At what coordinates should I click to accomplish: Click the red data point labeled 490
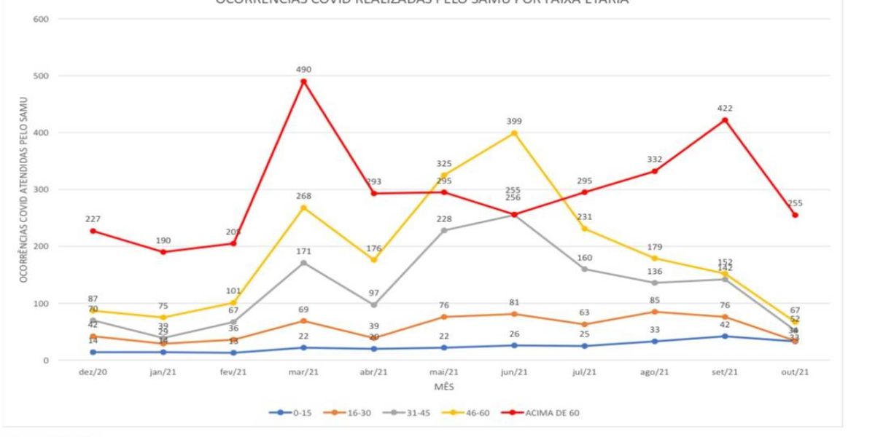pyautogui.click(x=303, y=81)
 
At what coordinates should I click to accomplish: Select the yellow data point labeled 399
pyautogui.click(x=514, y=133)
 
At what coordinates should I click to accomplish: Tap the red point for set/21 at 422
pyautogui.click(x=725, y=120)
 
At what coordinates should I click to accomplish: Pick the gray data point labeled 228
pyautogui.click(x=444, y=230)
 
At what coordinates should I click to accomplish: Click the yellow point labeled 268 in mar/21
pyautogui.click(x=303, y=208)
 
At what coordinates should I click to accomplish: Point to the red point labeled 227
pyautogui.click(x=93, y=231)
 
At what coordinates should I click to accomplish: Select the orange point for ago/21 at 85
pyautogui.click(x=654, y=312)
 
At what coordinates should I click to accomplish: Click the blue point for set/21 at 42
pyautogui.click(x=725, y=336)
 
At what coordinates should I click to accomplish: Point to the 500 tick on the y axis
pyautogui.click(x=41, y=76)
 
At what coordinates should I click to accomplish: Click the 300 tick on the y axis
pyautogui.click(x=41, y=189)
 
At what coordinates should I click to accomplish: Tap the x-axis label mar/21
pyautogui.click(x=303, y=372)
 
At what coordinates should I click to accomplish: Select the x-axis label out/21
pyautogui.click(x=795, y=372)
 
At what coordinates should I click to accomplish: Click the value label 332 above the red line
pyautogui.click(x=654, y=160)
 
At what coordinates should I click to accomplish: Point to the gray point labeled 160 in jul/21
pyautogui.click(x=584, y=269)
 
